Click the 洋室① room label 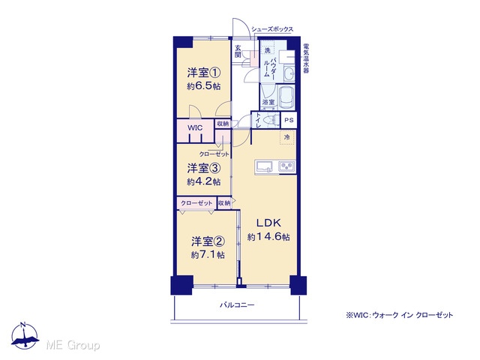click(204, 73)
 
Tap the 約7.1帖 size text click(208, 255)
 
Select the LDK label click(268, 223)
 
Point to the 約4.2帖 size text click(204, 181)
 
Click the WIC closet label click(195, 127)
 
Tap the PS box click(289, 120)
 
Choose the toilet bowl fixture click(271, 120)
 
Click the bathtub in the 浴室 click(286, 97)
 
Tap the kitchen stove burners click(286, 166)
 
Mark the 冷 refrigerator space click(286, 137)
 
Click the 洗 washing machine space click(267, 50)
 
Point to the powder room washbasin click(288, 73)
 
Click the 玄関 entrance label click(238, 52)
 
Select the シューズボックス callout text click(272, 29)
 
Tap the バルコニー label click(237, 305)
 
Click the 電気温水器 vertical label click(306, 58)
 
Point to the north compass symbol click(25, 335)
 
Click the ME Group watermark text click(73, 345)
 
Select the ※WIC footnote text click(399, 315)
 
